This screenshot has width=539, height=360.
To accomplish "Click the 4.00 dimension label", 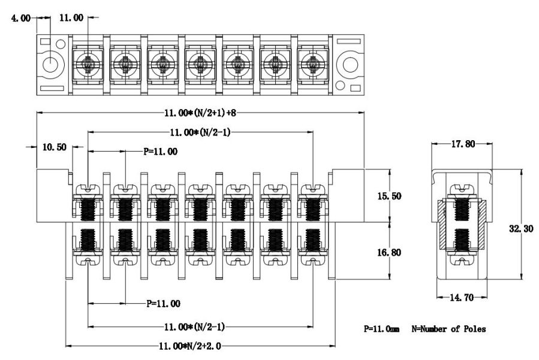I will point(22,18).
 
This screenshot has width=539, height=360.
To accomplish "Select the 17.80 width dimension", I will point(462,144).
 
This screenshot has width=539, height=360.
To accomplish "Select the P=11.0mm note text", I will point(381,329).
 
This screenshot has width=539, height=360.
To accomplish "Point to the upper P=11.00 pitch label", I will point(161,152).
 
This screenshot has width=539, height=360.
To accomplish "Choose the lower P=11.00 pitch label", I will point(164,304).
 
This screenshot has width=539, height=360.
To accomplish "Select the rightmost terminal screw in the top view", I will point(311,62).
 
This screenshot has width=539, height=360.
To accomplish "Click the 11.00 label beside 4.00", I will point(71,18).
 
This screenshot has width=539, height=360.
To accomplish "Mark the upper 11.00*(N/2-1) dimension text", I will point(201,132).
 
